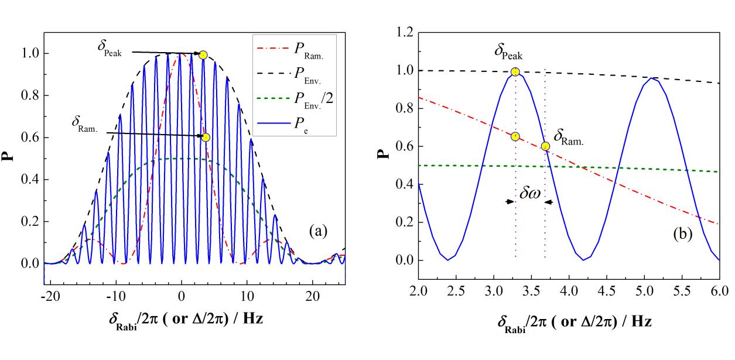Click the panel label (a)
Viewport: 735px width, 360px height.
point(318,231)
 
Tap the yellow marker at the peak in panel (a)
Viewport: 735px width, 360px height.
point(203,55)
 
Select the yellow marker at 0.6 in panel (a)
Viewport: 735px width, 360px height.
point(206,137)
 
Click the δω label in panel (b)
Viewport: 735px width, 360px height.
point(530,194)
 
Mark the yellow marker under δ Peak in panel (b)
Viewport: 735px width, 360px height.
point(515,72)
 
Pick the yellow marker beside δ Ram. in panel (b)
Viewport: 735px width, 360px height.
point(545,146)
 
